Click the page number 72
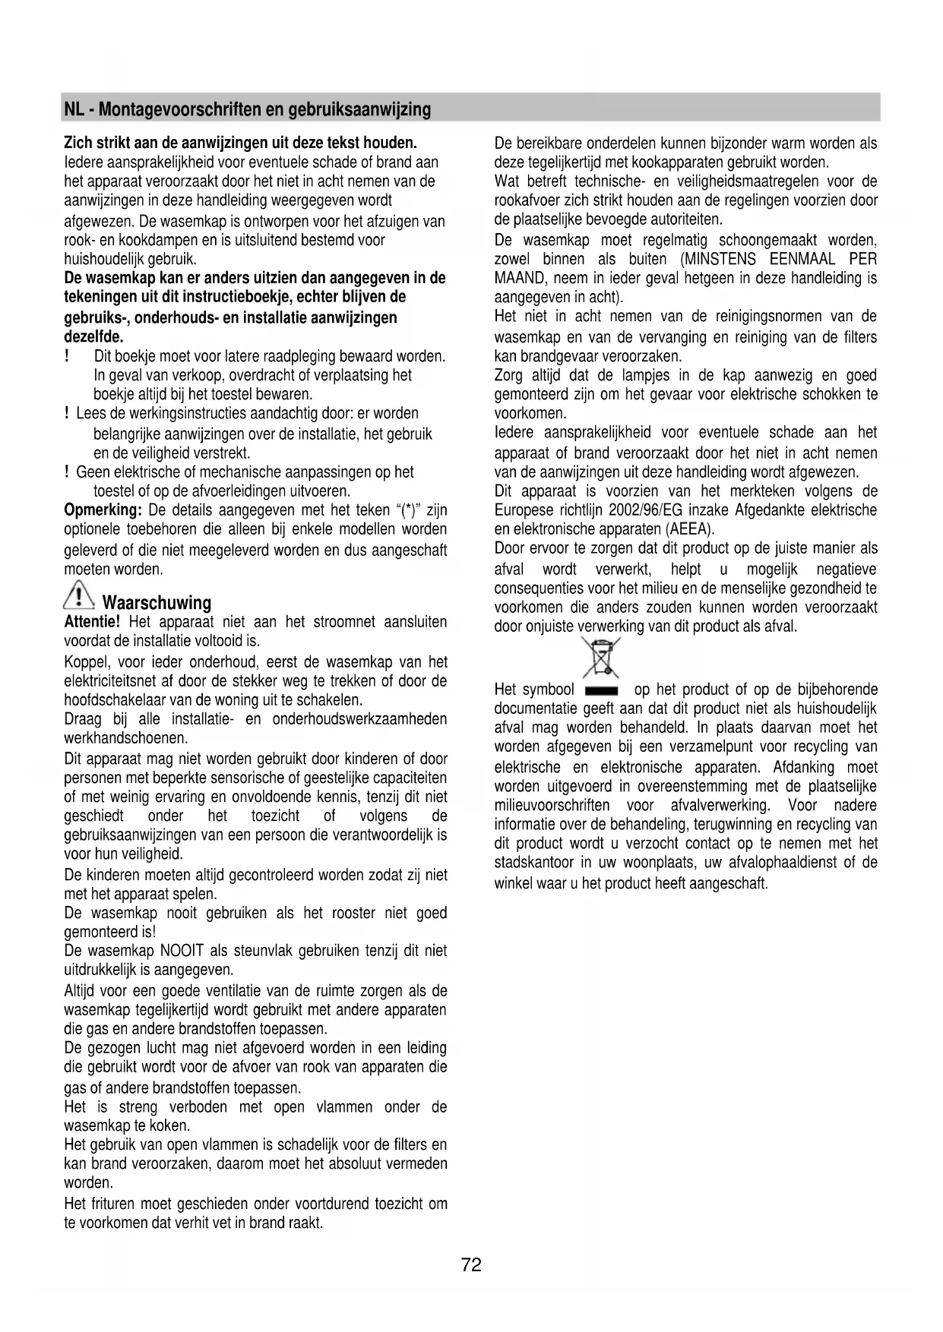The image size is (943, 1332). pyautogui.click(x=471, y=1265)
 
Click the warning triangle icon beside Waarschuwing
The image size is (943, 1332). pyautogui.click(x=79, y=593)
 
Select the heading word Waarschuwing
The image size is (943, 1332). pyautogui.click(x=157, y=603)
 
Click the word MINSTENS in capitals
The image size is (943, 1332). pyautogui.click(x=721, y=260)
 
